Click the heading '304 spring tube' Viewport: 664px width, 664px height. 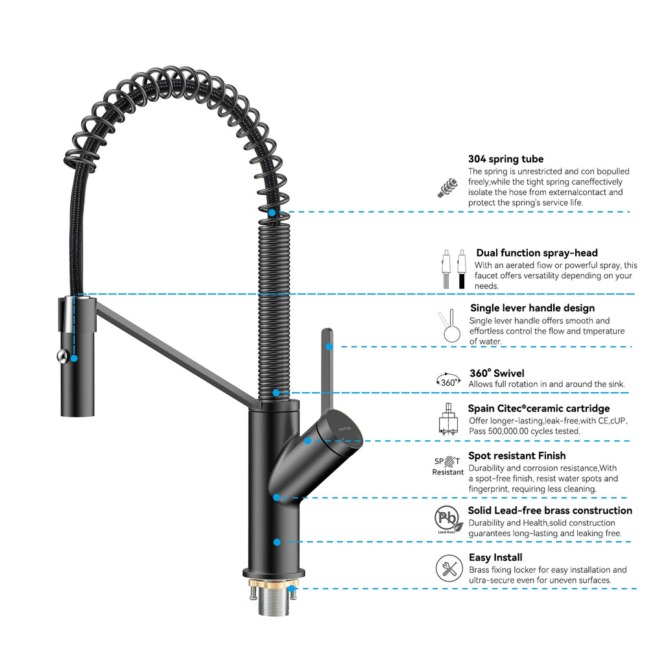[506, 159]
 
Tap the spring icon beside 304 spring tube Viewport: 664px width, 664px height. [447, 187]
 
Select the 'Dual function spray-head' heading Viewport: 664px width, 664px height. [537, 253]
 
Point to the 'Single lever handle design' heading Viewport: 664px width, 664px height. [532, 308]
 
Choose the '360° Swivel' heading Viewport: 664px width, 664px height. [497, 373]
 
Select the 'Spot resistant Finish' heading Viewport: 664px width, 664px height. [517, 456]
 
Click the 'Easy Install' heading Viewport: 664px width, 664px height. [495, 558]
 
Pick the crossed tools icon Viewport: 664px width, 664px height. [448, 569]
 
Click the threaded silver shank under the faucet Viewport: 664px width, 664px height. [273, 604]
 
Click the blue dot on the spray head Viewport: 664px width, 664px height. [74, 358]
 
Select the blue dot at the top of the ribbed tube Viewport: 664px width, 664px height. [272, 212]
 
